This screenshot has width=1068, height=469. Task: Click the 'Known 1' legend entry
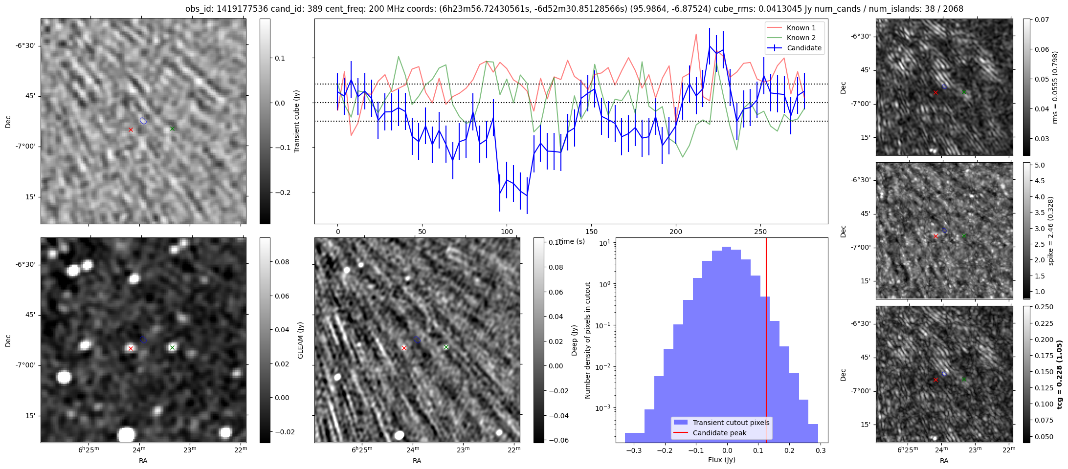pos(801,28)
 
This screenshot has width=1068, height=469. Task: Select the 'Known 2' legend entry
pos(801,38)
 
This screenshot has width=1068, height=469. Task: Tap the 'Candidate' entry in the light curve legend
pos(804,48)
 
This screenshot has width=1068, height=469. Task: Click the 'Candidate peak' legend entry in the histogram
pos(719,433)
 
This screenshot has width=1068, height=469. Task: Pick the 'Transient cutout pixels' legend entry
pos(731,423)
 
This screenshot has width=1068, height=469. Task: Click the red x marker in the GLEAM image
pos(131,348)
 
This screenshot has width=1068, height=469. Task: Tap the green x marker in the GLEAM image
pos(172,348)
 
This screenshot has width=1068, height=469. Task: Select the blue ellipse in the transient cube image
pos(143,121)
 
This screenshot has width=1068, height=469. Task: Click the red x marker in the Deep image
pos(404,348)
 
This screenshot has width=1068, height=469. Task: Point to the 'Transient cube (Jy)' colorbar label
pos(296,121)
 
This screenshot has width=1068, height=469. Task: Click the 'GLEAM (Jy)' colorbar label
pos(300,340)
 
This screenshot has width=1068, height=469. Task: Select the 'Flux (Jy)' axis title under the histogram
pos(721,460)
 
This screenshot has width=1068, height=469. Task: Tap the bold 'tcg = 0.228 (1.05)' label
pos(1059,374)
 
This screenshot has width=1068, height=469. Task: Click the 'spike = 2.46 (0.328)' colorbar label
pos(1050,231)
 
